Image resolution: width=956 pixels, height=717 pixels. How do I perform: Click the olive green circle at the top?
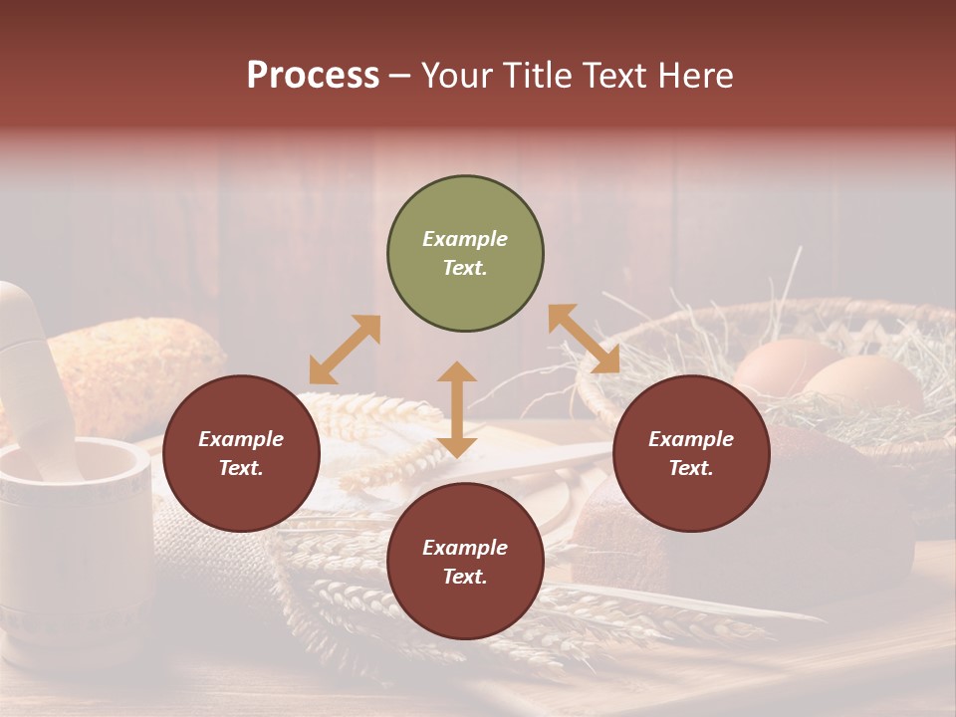pyautogui.click(x=465, y=254)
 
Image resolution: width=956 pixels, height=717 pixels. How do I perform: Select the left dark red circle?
pyautogui.click(x=241, y=453)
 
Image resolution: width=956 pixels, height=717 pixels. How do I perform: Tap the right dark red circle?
pyautogui.click(x=691, y=453)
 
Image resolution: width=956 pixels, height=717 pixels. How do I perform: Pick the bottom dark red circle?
pyautogui.click(x=465, y=562)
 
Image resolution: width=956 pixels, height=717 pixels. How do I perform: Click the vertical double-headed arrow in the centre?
pyautogui.click(x=457, y=409)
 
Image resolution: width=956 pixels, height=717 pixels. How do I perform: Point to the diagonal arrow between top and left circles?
pyautogui.click(x=345, y=350)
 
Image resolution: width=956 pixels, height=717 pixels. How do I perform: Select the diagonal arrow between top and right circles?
pyautogui.click(x=584, y=339)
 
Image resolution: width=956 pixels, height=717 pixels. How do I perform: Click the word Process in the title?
pyautogui.click(x=313, y=75)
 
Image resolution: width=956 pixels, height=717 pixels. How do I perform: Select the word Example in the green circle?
pyautogui.click(x=465, y=239)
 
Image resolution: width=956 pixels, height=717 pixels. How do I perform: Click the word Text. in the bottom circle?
pyautogui.click(x=465, y=577)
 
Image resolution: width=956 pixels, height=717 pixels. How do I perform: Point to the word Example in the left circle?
pyautogui.click(x=241, y=439)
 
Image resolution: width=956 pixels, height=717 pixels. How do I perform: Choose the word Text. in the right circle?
pyautogui.click(x=691, y=468)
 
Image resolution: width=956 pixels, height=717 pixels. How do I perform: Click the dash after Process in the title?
pyautogui.click(x=400, y=76)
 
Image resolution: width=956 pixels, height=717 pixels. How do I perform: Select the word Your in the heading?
pyautogui.click(x=454, y=75)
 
